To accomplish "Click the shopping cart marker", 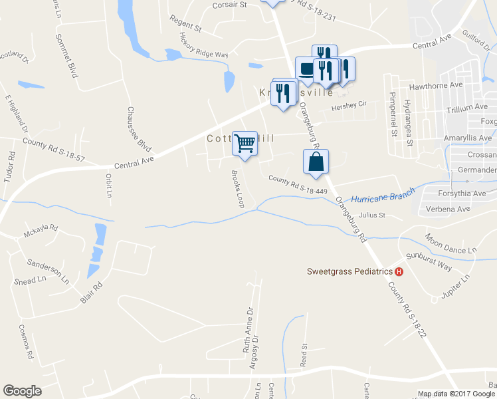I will [245, 142].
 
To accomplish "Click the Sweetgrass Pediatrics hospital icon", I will [399, 271].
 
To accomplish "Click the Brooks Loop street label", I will [237, 190].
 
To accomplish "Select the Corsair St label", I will [229, 5].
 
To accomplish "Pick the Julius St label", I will [372, 215].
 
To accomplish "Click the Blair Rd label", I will [92, 293].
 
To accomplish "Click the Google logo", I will [22, 391].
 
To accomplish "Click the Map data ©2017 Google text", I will [456, 394].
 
